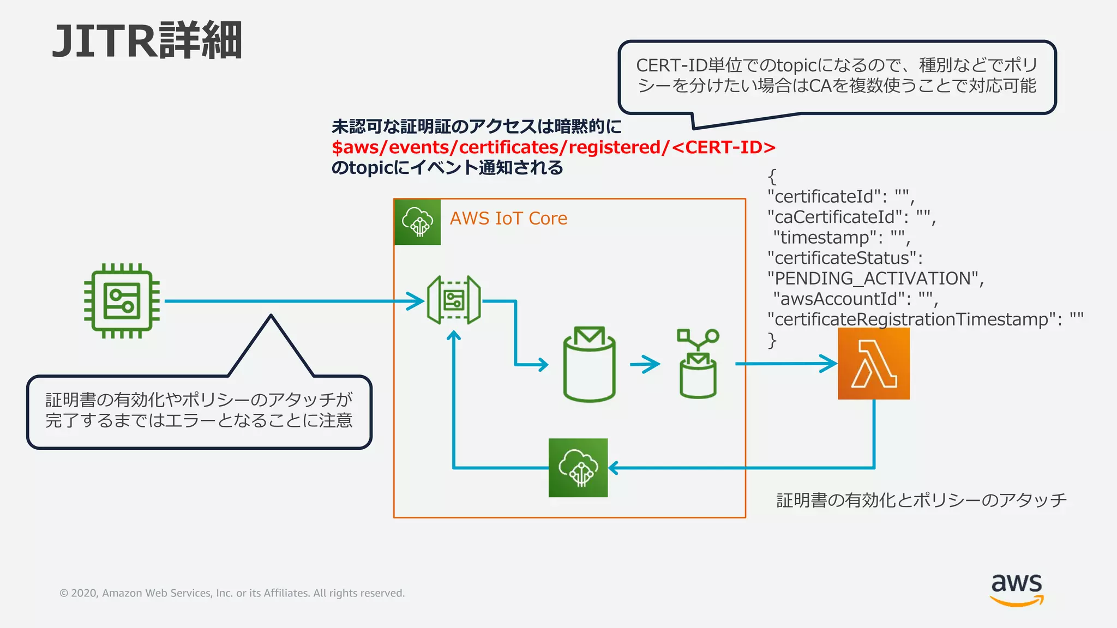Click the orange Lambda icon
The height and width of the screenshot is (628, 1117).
pos(873,363)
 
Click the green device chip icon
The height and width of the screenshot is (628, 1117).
pos(122,301)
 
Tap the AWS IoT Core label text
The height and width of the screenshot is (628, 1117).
pos(508,219)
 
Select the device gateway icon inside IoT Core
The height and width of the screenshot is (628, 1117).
pos(454,300)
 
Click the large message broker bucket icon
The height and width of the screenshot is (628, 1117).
pos(589,364)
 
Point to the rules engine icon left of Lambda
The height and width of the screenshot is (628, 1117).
pos(698,364)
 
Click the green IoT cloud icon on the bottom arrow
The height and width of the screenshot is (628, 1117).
pos(578,468)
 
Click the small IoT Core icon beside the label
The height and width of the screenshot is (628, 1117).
pos(417,222)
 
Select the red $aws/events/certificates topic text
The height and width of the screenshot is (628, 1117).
pos(553,147)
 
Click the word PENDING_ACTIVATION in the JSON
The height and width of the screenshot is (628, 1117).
pos(872,279)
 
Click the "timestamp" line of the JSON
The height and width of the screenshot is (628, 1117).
pos(840,238)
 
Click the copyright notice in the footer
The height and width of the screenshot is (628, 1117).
pos(232,593)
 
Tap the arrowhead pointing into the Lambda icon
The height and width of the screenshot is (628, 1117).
pos(829,363)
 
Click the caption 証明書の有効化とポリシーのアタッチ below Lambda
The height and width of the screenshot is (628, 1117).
pos(921,500)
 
